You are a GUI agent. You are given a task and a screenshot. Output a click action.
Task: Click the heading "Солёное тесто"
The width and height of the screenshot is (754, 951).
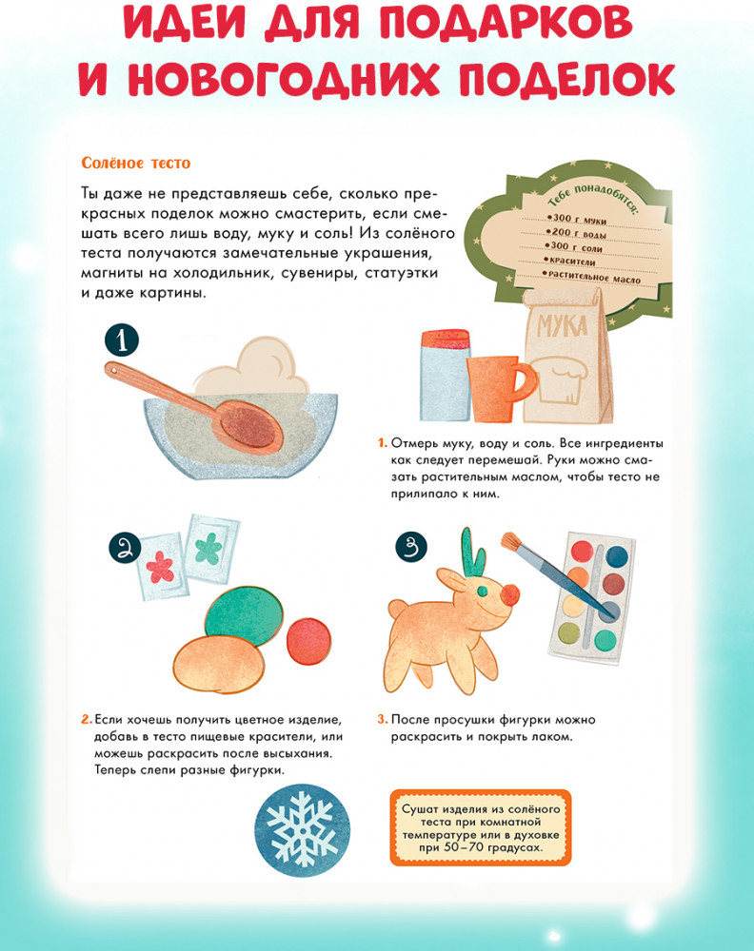[x=136, y=164]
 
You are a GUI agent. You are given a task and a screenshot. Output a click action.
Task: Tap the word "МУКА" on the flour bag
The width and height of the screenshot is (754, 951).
[x=563, y=326]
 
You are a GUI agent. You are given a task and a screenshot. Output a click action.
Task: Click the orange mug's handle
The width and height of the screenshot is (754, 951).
[x=526, y=384]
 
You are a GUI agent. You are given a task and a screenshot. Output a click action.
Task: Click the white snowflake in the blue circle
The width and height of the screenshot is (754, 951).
[x=302, y=829]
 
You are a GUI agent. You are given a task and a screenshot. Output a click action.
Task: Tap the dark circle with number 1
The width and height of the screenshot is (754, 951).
[x=122, y=340]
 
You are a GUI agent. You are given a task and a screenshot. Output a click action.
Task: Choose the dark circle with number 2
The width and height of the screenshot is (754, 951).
[x=125, y=549]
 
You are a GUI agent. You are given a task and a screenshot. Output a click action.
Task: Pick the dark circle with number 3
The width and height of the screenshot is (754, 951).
[x=411, y=547]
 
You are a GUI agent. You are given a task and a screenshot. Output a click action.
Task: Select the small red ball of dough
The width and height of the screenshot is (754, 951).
[x=309, y=641]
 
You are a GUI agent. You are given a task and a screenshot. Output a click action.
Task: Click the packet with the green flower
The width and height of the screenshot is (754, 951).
[x=210, y=549]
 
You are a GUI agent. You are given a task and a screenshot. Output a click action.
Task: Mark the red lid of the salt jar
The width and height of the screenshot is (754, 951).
[x=446, y=339]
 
